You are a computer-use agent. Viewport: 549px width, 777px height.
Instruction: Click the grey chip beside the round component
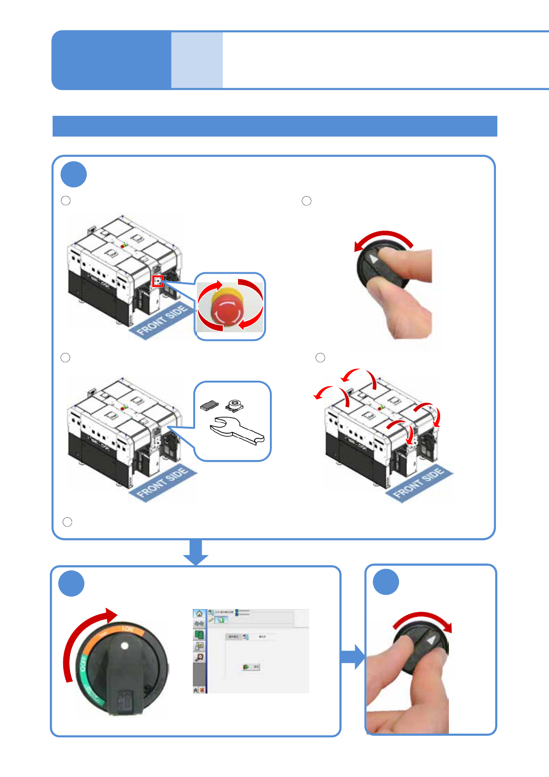[x=209, y=405]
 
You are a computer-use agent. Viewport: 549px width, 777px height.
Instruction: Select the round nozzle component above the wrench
[x=234, y=405]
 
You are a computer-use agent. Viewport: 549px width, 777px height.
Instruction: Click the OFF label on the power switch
[x=84, y=663]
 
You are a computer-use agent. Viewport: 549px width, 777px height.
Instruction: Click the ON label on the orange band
[x=128, y=629]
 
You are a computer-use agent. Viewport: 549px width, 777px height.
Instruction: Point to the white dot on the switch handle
[x=124, y=646]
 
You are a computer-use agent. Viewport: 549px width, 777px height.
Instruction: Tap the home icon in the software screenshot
[x=199, y=614]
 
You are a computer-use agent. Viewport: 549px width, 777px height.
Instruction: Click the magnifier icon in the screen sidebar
[x=199, y=657]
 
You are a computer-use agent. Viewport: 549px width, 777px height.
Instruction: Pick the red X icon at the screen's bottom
[x=202, y=690]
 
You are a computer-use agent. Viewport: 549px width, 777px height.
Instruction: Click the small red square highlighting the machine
[x=158, y=281]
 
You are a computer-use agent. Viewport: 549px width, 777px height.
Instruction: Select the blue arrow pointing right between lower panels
[x=352, y=657]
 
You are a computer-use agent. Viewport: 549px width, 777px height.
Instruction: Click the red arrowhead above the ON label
[x=111, y=615]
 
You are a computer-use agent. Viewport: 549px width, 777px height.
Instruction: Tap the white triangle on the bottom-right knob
[x=431, y=640]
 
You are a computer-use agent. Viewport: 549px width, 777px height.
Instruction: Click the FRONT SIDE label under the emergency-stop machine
[x=162, y=319]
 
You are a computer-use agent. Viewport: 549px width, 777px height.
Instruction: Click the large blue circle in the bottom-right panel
[x=386, y=582]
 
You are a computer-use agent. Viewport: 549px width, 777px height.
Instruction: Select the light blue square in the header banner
[x=197, y=60]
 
